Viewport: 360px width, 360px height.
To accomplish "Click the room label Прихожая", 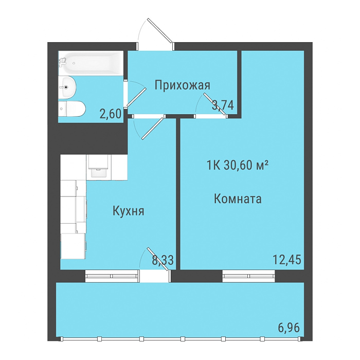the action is pos(182,86).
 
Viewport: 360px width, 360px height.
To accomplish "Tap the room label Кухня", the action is pos(129,211).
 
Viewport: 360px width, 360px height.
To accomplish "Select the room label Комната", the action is pos(238,199).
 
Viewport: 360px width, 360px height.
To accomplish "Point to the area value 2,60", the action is pos(111,114).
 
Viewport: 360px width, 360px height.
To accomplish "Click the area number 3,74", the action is pos(223,105).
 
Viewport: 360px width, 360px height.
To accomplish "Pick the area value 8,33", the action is pos(163,260).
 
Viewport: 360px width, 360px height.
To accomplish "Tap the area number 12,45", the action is pos(287,260).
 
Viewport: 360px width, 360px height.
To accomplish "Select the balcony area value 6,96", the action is pos(289,328).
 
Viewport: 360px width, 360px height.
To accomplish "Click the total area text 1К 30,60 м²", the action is pos(238,165).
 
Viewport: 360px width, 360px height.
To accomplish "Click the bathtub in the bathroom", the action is pos(91,63).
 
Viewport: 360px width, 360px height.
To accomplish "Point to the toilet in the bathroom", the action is pos(71,109).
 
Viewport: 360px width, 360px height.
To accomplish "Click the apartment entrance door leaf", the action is pos(160,31).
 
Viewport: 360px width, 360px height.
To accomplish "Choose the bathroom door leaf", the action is pos(137,97).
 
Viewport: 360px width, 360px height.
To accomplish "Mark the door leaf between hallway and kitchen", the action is pos(153,128).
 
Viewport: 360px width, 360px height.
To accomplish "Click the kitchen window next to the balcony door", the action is pos(112,276).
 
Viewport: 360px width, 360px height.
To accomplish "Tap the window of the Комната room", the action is pos(248,276).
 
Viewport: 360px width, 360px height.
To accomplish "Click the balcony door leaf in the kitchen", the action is pos(158,259).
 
